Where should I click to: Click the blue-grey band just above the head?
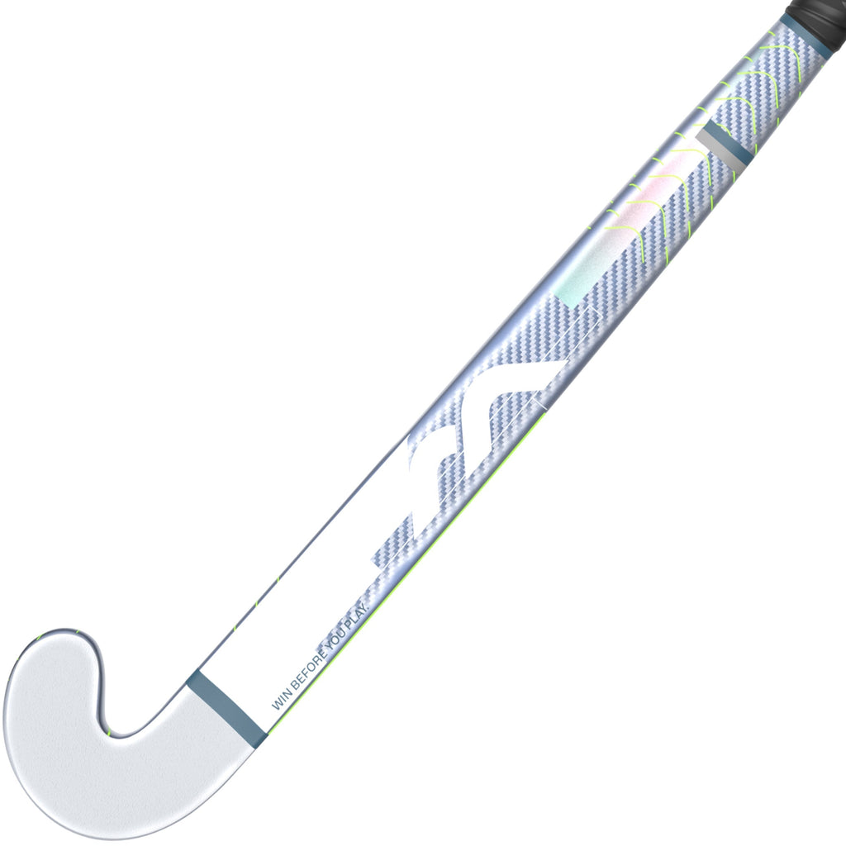pyautogui.click(x=225, y=705)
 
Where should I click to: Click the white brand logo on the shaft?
pyautogui.click(x=463, y=446)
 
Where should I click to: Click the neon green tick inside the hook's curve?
pyautogui.click(x=108, y=732)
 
